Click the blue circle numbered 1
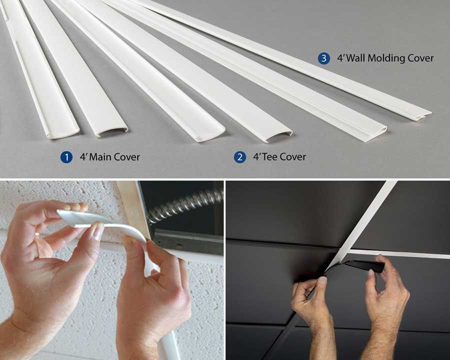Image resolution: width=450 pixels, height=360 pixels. [66, 157]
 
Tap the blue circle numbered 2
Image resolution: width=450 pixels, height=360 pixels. [240, 157]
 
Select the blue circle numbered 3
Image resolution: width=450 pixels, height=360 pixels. [323, 58]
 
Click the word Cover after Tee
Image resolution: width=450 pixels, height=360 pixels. [293, 157]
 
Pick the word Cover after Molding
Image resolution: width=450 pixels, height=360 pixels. [419, 58]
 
